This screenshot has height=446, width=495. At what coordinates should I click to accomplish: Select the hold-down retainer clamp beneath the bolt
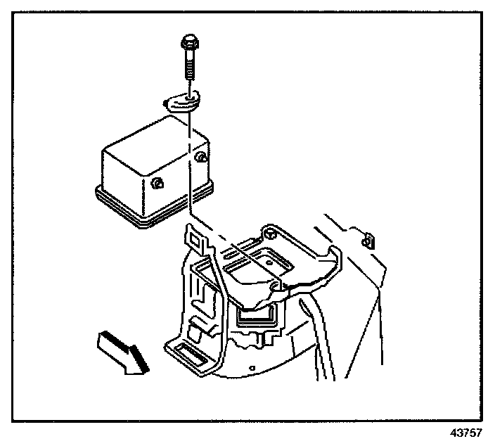coord(182,102)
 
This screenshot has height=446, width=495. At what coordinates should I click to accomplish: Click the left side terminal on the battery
coord(157,184)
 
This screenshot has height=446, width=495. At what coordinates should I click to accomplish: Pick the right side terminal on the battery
coord(201,156)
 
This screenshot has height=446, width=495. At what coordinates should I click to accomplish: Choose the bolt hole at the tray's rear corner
coord(269,231)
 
